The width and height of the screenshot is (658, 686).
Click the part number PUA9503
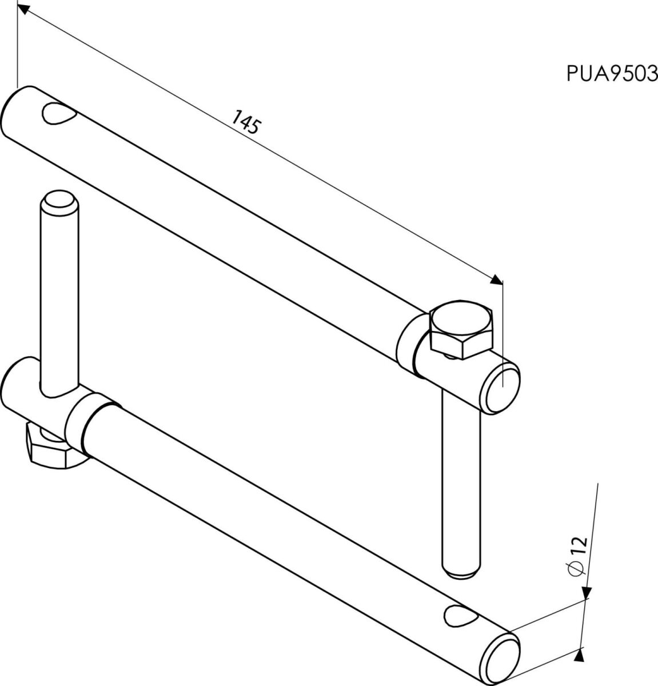click(612, 74)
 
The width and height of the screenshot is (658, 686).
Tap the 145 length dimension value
click(246, 122)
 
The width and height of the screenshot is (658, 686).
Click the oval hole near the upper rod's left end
click(59, 113)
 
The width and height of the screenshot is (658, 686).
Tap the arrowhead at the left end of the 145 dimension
click(23, 9)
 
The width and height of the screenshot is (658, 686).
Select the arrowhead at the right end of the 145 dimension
click(497, 280)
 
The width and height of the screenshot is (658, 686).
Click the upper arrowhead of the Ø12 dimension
click(587, 593)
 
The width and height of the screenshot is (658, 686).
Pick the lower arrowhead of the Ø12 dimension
click(579, 655)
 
